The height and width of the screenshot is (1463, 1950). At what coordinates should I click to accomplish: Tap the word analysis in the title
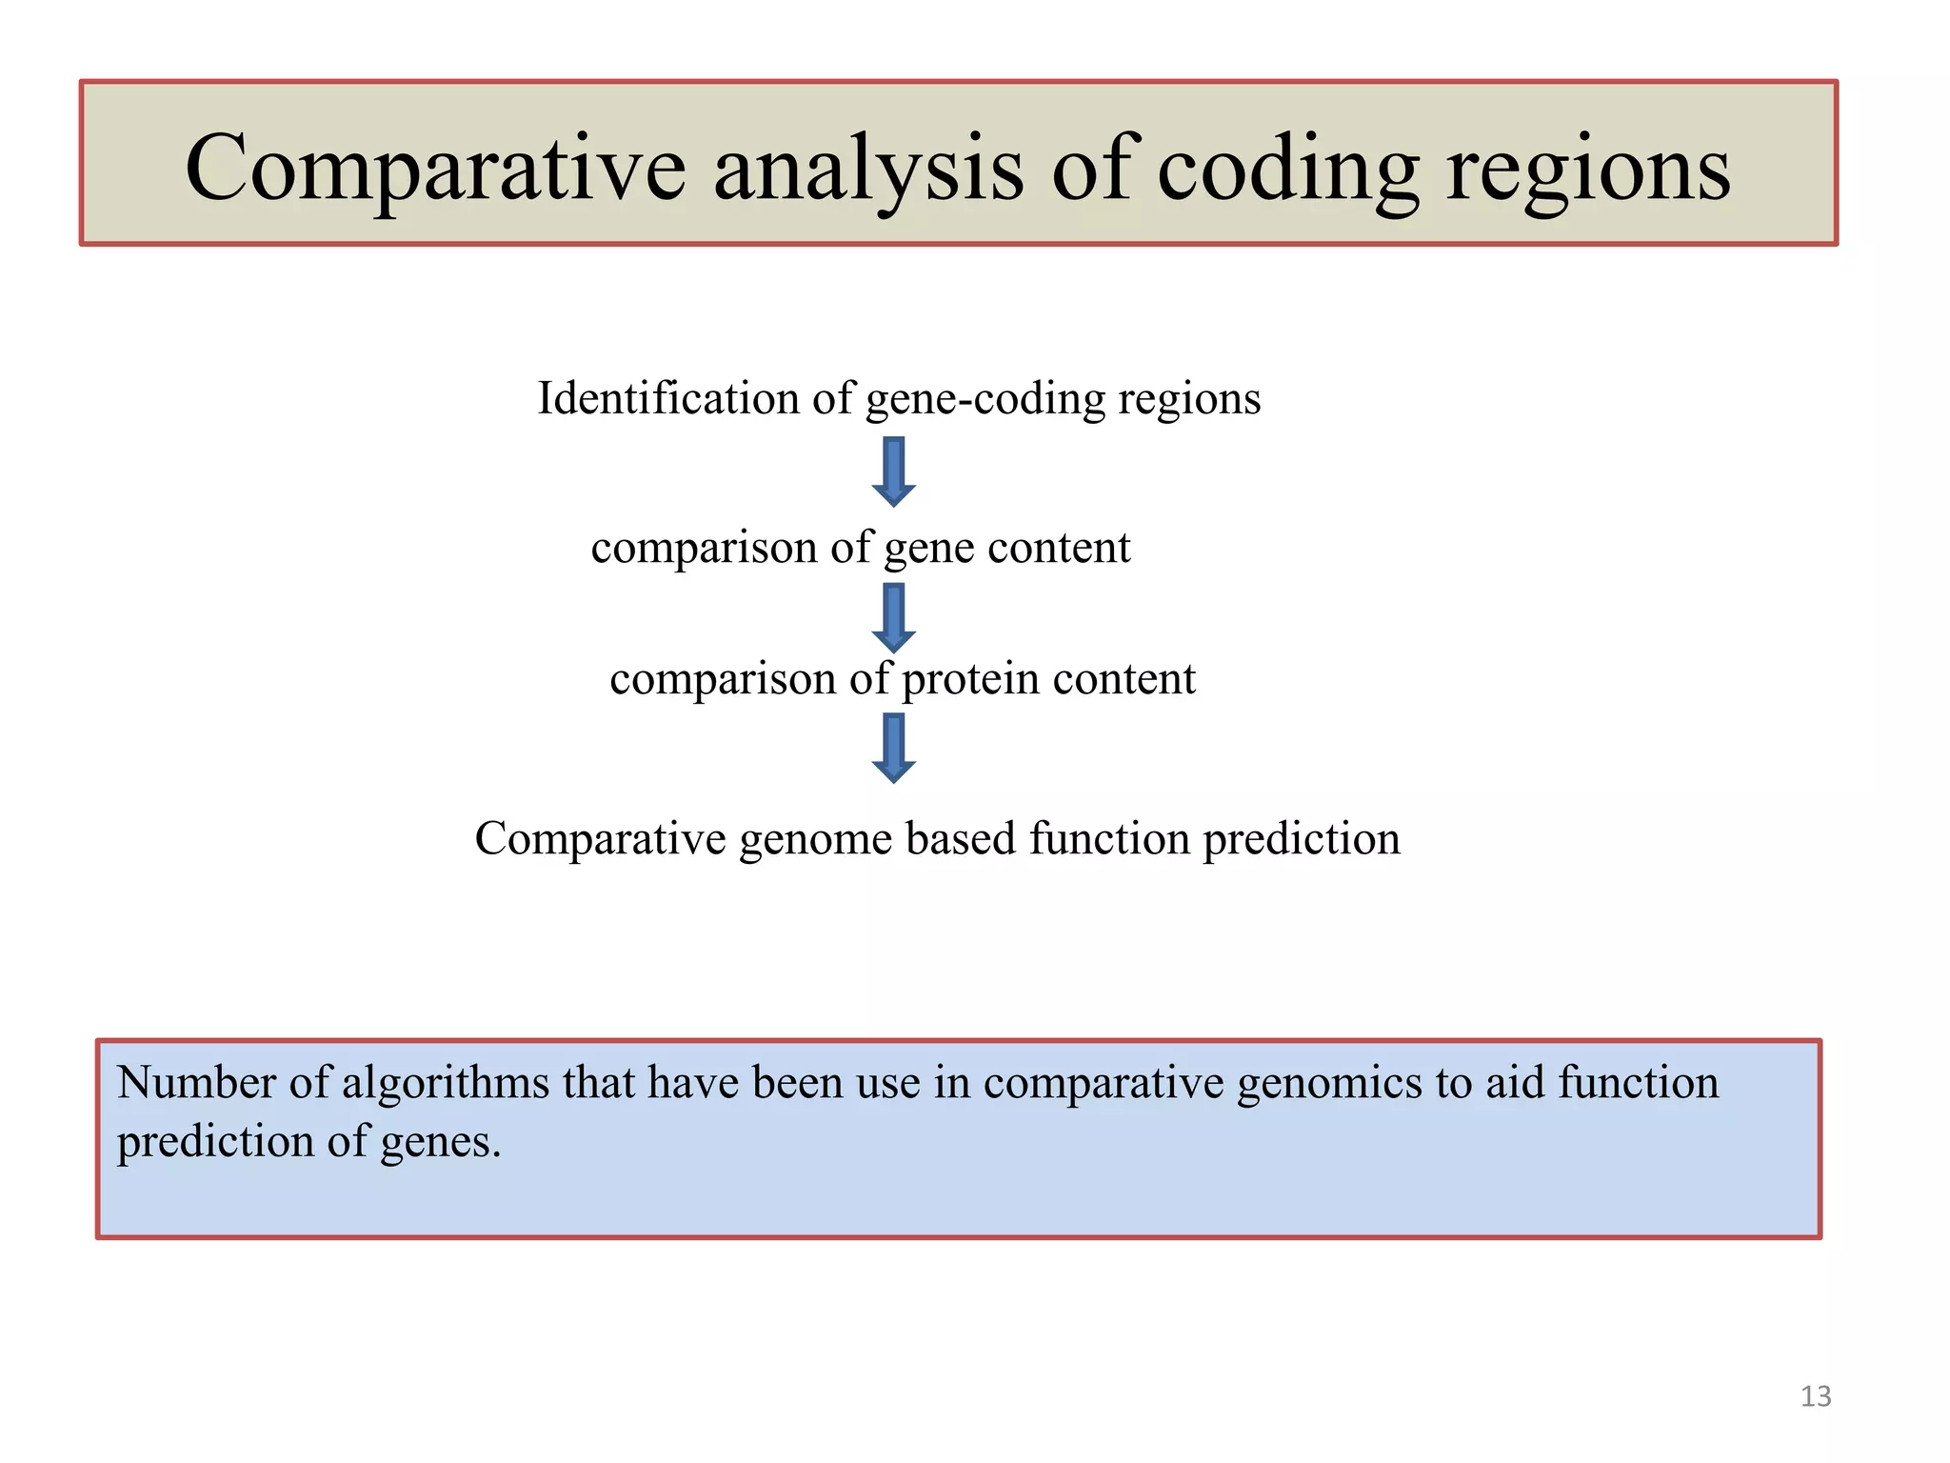pyautogui.click(x=868, y=170)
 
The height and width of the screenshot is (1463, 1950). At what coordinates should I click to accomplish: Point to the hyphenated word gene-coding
pyautogui.click(x=985, y=398)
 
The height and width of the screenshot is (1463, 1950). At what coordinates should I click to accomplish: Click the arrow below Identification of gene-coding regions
pyautogui.click(x=893, y=471)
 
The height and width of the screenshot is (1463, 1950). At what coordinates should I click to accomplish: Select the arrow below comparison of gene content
pyautogui.click(x=893, y=618)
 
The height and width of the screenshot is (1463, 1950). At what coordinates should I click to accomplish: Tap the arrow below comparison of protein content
pyautogui.click(x=893, y=749)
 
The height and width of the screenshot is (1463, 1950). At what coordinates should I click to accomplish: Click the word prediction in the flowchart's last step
pyautogui.click(x=1301, y=839)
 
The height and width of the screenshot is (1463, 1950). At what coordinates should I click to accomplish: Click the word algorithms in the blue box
pyautogui.click(x=445, y=1084)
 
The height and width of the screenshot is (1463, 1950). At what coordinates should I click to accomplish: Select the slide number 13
pyautogui.click(x=1815, y=1396)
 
